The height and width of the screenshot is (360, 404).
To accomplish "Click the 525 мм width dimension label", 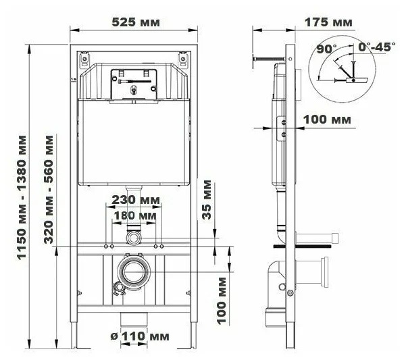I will point(135,22).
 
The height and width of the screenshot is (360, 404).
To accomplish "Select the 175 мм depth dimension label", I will point(328,22).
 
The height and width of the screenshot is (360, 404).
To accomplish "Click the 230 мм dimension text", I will point(132,201).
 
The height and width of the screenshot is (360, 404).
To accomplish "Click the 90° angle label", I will point(326,49).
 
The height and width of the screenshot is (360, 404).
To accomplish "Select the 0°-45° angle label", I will point(376,49).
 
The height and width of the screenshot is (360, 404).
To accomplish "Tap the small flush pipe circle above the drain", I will point(133,238).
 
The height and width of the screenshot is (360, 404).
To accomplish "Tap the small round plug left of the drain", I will point(120,288).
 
